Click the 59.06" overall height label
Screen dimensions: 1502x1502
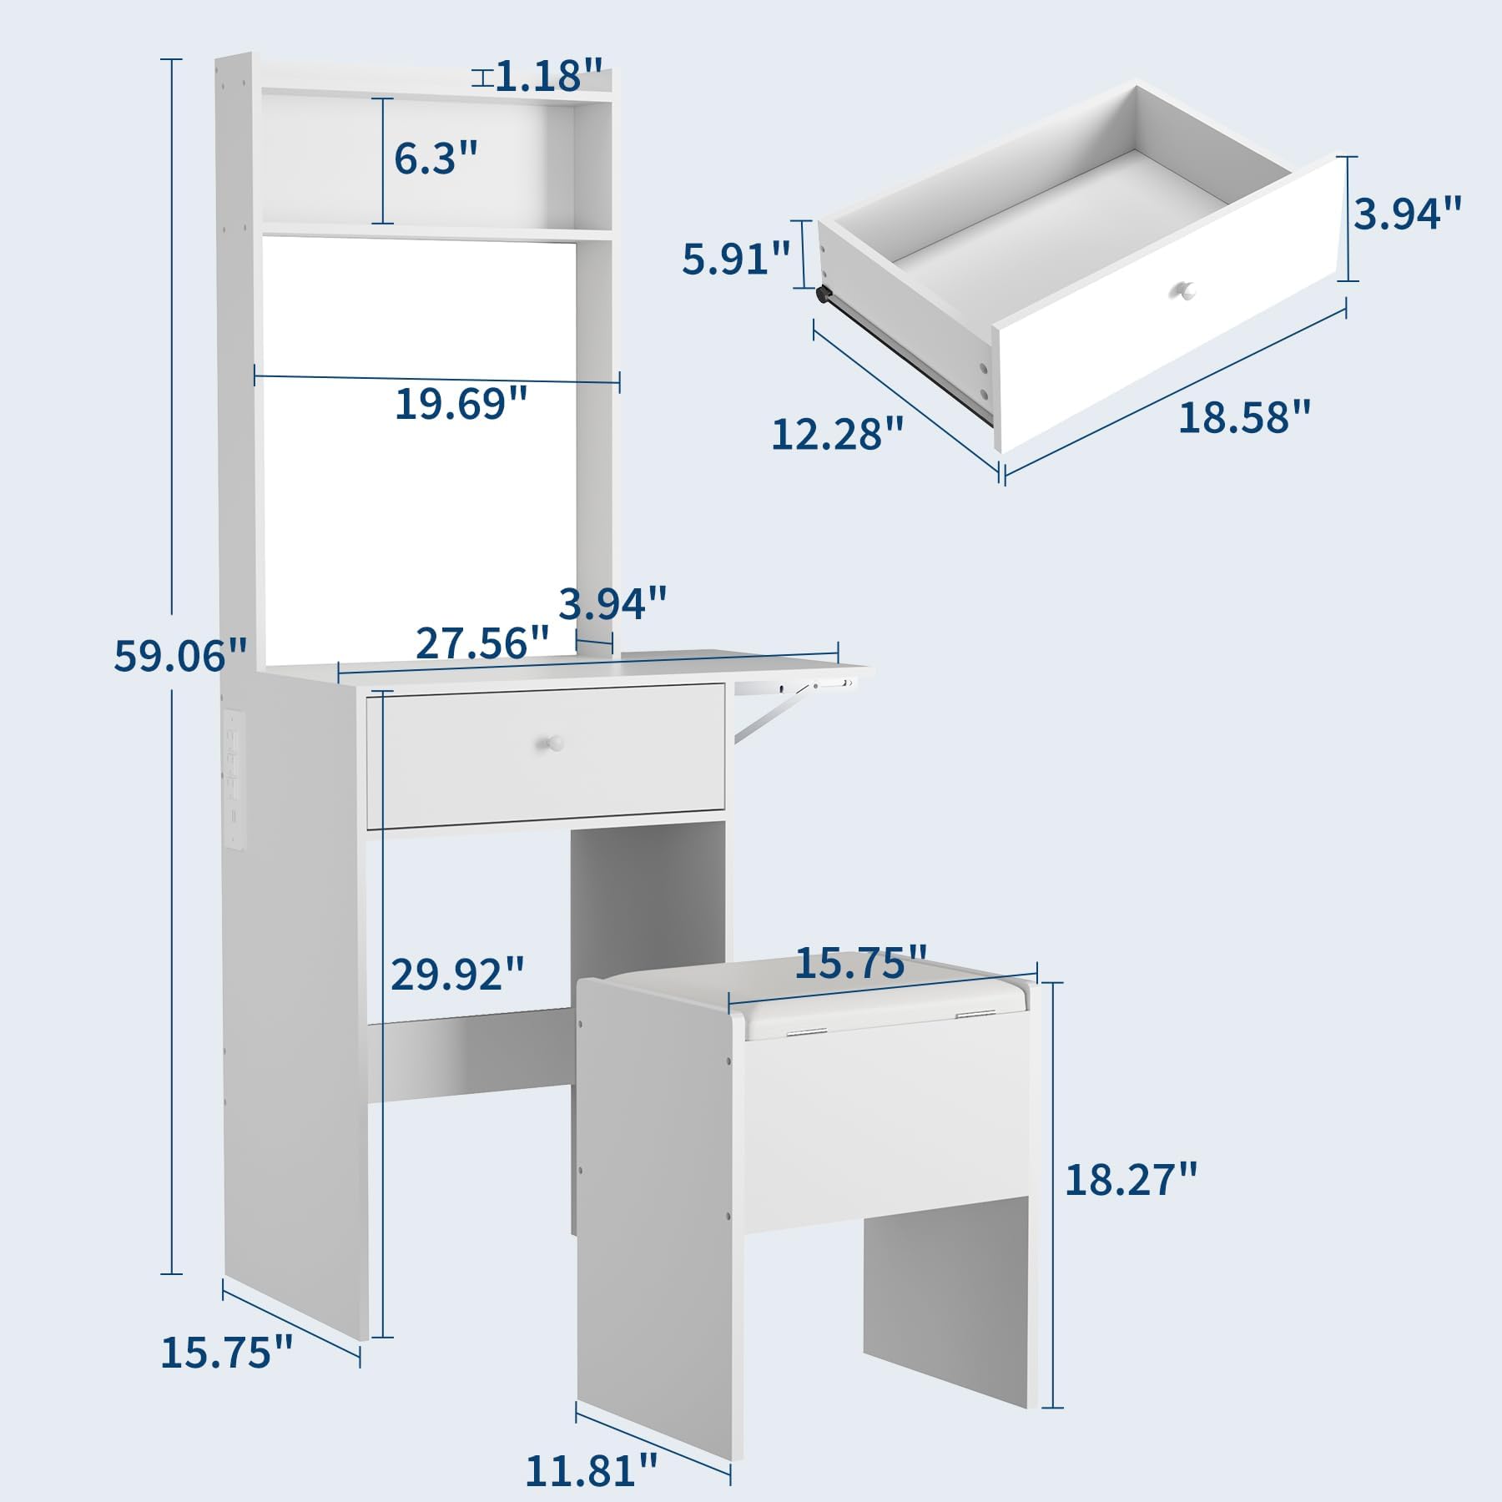tap(181, 656)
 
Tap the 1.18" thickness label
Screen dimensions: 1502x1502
tap(549, 76)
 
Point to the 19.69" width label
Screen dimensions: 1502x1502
tap(461, 404)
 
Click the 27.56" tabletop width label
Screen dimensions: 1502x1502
tap(482, 643)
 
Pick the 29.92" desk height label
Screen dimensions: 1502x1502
tap(458, 973)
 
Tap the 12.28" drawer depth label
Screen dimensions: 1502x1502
tap(838, 434)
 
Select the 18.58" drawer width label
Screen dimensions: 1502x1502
tap(1244, 416)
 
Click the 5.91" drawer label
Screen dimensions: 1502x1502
tap(735, 259)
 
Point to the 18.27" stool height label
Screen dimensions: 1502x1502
tap(1132, 1180)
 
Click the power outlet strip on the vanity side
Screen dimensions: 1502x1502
tap(233, 779)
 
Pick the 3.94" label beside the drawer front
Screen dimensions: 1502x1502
tap(1408, 214)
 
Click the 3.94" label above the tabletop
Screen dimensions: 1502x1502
tap(612, 602)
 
